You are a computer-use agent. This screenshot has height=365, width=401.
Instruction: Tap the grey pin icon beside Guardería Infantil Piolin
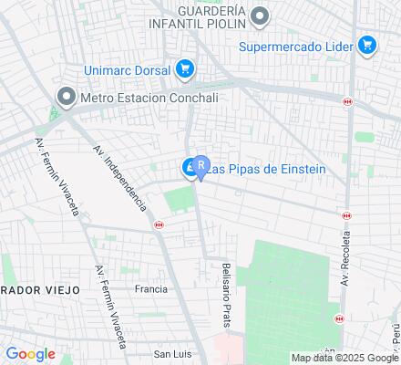coord(261,16)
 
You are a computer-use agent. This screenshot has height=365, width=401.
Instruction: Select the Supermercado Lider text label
coord(296,46)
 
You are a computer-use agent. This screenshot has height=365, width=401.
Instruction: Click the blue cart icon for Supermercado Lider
coord(367,45)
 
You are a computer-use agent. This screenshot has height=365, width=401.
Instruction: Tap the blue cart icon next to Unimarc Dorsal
coord(185,68)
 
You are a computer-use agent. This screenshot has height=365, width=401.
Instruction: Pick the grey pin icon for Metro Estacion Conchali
coord(66,96)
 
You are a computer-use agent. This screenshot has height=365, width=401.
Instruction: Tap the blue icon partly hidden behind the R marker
coord(188,168)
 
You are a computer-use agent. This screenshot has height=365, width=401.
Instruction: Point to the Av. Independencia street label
coord(119,176)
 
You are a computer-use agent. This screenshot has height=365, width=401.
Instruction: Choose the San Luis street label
coord(171,353)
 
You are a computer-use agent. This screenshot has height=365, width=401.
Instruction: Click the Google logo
coord(30,354)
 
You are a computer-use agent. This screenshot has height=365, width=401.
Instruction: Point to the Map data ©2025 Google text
coord(345,358)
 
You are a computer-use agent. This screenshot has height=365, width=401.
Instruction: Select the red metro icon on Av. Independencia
coord(159,225)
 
